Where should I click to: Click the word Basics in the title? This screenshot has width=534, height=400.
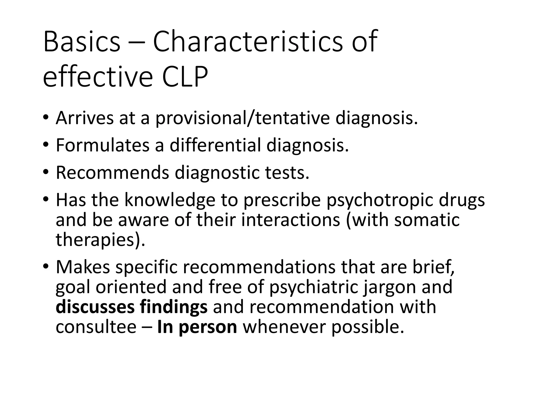(82, 42)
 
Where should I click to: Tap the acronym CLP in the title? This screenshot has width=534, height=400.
(185, 77)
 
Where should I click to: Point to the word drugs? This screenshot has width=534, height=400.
(462, 201)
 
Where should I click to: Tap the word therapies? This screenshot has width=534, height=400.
(100, 240)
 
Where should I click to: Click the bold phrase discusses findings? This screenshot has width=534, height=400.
(132, 307)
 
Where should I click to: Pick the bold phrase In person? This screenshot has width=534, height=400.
(197, 327)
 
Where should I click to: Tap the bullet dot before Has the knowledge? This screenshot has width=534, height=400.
(46, 200)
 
